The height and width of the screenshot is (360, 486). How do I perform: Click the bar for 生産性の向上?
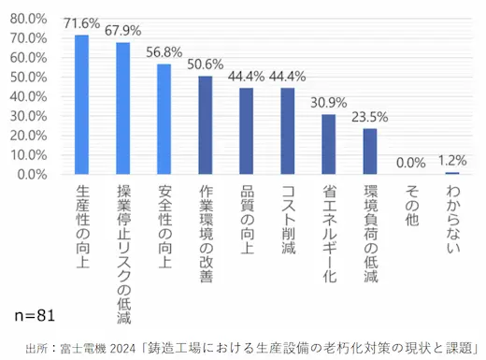click(x=82, y=105)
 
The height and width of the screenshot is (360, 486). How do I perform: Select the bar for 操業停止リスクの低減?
click(x=123, y=108)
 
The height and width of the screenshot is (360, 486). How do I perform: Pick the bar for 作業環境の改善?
click(x=206, y=125)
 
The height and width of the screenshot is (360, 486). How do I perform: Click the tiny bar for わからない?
click(x=452, y=173)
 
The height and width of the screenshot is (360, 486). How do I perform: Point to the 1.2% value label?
click(x=452, y=159)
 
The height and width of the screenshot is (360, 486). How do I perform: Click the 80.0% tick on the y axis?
click(x=29, y=19)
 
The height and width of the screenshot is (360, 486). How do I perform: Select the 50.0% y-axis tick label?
click(x=29, y=77)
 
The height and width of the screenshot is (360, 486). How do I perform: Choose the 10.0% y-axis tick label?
click(x=29, y=155)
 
